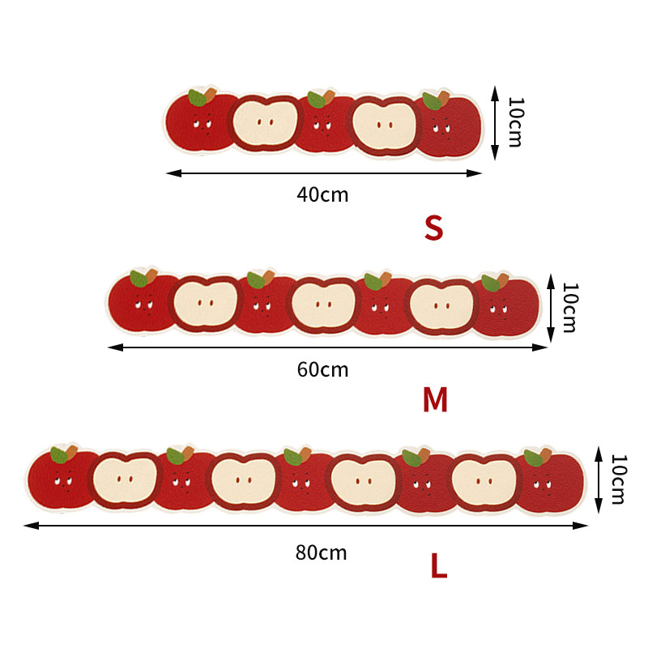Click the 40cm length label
tap(322, 194)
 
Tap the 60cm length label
tap(322, 369)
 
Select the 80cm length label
tap(321, 552)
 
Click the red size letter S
tap(433, 228)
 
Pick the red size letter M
tap(435, 399)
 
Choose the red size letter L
tap(439, 565)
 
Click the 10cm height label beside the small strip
tap(515, 122)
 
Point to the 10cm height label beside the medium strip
tap(570, 308)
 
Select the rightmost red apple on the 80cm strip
tap(552, 481)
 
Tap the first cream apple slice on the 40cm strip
tap(266, 123)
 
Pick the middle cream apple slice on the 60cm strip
tap(323, 305)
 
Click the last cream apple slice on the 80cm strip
tap(484, 481)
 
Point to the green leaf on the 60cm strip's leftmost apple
tap(139, 278)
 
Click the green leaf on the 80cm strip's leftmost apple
tap(59, 455)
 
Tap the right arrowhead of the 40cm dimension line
tap(474, 173)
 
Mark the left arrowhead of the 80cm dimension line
tap(32, 526)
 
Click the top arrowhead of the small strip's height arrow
tap(495, 93)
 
